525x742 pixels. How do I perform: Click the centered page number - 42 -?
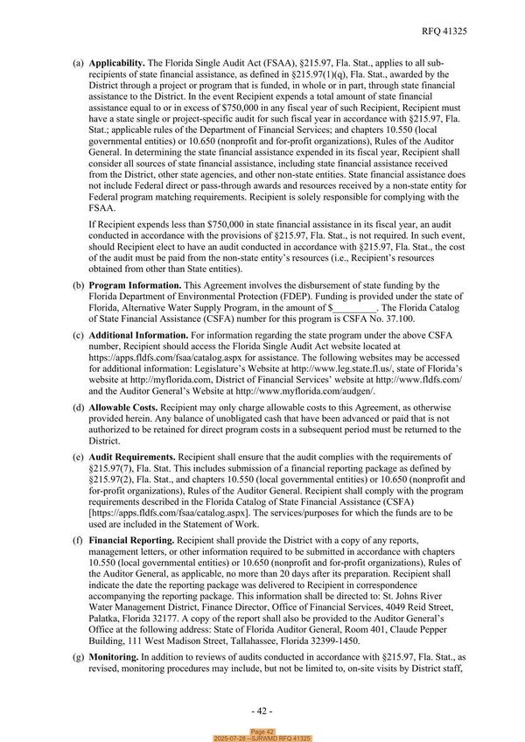[x=262, y=709]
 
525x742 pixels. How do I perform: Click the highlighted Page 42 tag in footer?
[x=262, y=731]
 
